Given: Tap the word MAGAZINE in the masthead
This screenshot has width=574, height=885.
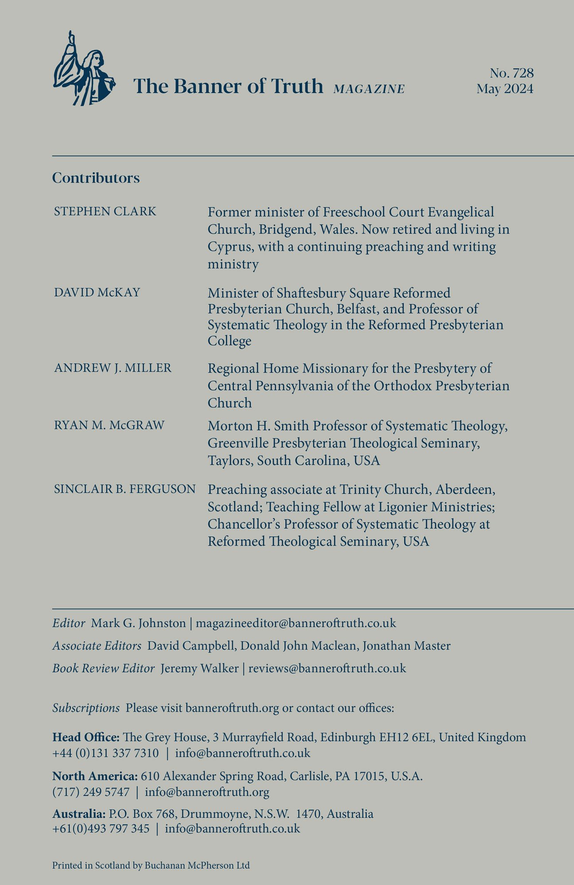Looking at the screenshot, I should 369,89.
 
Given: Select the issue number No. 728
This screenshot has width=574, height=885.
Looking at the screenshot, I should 512,73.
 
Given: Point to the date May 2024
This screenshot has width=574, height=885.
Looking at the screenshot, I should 505,89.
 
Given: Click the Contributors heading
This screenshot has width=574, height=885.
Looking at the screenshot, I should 96,178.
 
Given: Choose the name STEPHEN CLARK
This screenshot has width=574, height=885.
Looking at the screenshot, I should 105,212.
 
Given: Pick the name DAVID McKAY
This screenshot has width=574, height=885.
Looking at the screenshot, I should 97,292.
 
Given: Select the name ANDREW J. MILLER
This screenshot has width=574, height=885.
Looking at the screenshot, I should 112,368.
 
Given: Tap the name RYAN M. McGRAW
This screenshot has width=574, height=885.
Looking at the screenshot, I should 109,425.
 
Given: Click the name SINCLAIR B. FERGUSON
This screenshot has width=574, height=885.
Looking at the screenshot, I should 124,489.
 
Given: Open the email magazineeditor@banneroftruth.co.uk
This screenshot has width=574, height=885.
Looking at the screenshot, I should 296,623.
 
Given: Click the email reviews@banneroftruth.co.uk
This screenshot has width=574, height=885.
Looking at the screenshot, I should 327,668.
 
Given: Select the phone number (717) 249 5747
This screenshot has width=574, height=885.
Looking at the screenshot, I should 91,792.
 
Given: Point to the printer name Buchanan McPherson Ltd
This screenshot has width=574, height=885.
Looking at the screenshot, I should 197,865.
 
